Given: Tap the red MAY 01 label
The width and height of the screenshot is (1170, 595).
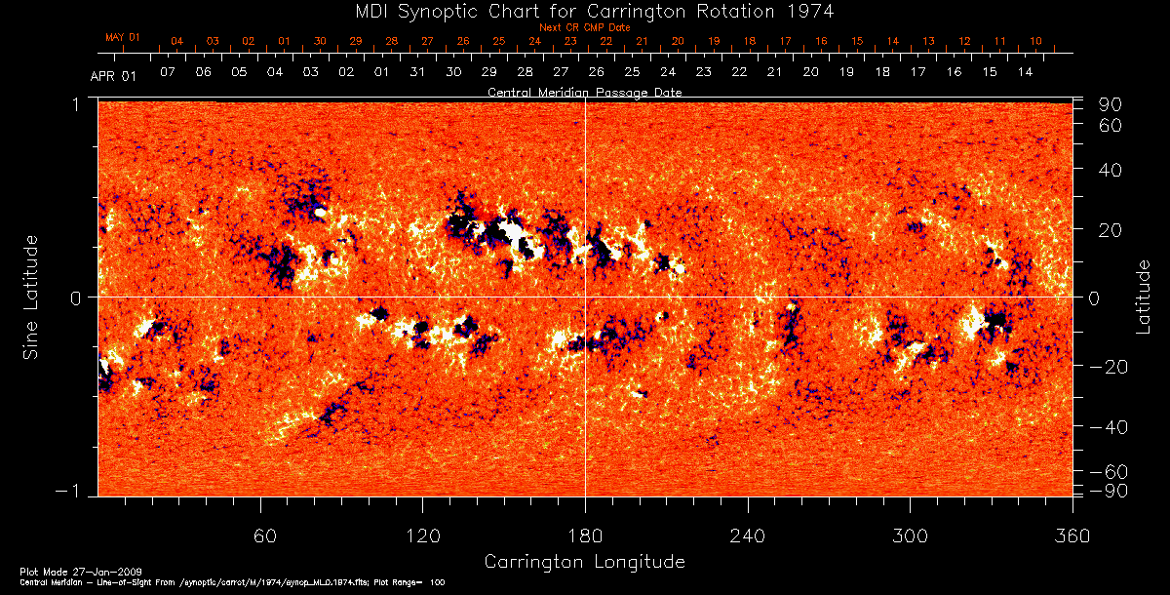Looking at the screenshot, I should [x=123, y=37].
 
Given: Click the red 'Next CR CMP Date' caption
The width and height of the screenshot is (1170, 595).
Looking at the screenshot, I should [x=585, y=27].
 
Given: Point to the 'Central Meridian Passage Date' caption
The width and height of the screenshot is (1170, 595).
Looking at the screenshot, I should [x=585, y=92].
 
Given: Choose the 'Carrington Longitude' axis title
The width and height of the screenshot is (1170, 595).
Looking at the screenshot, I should [x=585, y=562].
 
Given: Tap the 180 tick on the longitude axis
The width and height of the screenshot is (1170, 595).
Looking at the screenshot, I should [x=585, y=535].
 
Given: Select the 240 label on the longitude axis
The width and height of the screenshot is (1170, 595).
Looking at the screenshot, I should [x=748, y=535].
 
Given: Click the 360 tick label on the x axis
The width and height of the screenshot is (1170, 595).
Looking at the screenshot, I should [x=1072, y=535].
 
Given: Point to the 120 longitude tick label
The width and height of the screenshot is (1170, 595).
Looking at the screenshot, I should [x=422, y=535].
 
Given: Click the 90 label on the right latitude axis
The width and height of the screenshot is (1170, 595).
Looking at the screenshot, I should [x=1112, y=104].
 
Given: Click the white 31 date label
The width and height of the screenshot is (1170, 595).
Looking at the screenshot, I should [x=417, y=72].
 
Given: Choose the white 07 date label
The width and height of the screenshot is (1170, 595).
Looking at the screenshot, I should [x=168, y=72].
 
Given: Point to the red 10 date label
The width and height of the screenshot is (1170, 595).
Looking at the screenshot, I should [x=1035, y=41].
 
